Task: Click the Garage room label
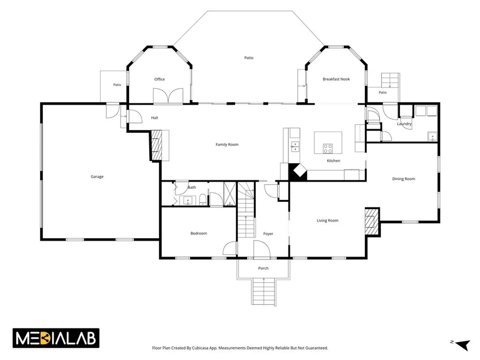point(97,176)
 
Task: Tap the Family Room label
point(227,144)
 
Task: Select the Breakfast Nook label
point(336,79)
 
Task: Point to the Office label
point(159,79)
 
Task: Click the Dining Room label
point(403,179)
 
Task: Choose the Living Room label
point(327,221)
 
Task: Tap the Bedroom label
point(199,233)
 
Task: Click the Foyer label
point(268,234)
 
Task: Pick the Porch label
point(263,268)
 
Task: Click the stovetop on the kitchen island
point(328,148)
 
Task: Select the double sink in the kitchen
point(295,146)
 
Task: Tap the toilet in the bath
point(202,199)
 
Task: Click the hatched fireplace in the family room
point(157,145)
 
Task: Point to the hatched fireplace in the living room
point(371,222)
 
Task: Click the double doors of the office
point(168,96)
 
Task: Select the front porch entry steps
point(264,292)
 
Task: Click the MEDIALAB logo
point(56,338)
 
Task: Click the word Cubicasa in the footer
point(200,348)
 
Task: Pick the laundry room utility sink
point(432,137)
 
